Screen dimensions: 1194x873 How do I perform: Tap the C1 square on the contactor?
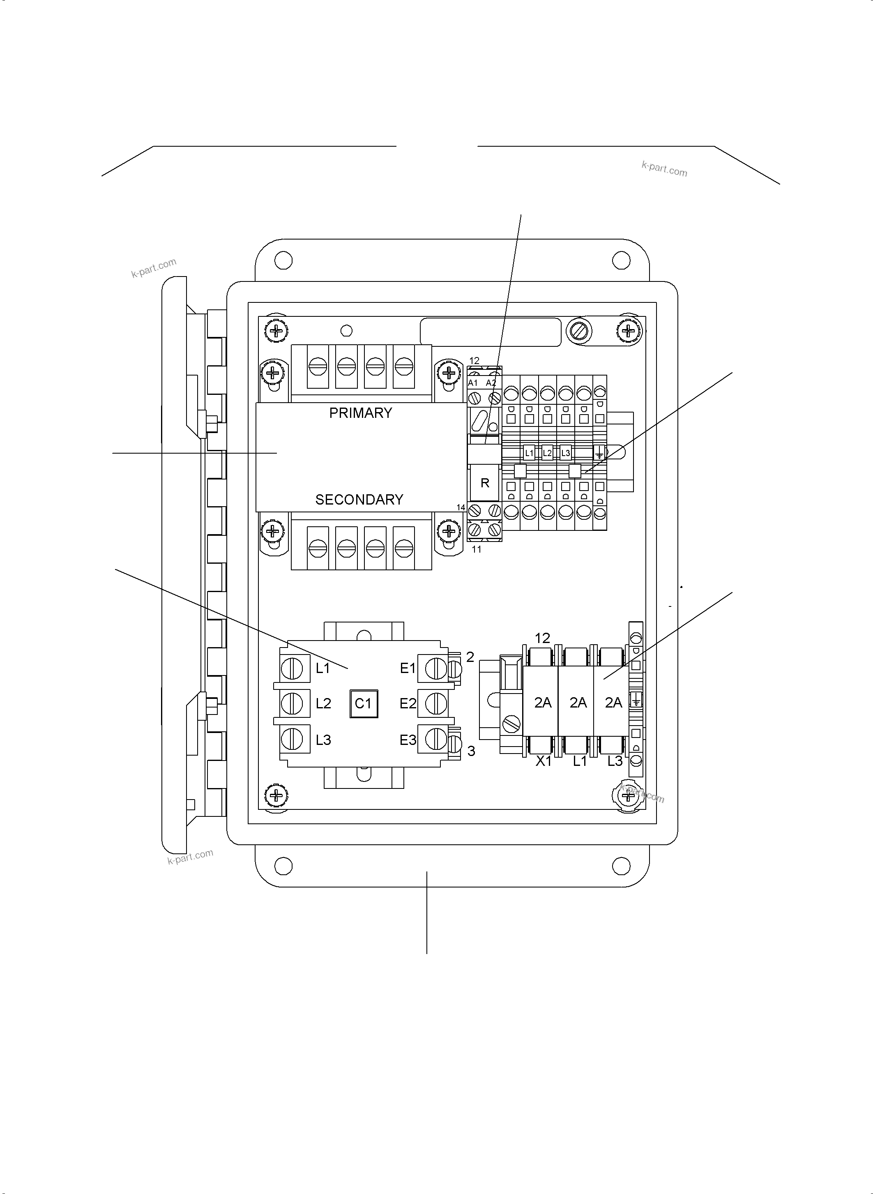[364, 703]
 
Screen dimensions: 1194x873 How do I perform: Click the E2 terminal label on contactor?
[408, 703]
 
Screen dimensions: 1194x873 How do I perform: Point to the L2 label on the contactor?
[323, 703]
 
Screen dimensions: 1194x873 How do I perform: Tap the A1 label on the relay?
[473, 383]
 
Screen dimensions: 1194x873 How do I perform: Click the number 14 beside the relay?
[461, 507]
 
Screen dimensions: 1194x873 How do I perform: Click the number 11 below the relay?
[477, 550]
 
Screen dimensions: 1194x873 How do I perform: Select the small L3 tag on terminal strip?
[565, 453]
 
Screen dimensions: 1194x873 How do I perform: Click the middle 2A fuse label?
[578, 703]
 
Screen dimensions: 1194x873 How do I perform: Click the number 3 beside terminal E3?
[471, 751]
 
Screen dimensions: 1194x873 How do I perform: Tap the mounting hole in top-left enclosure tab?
[283, 260]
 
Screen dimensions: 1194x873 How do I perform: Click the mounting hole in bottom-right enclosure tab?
[621, 866]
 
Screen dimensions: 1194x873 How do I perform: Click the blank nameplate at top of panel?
[491, 332]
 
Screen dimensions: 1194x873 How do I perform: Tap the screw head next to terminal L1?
[292, 668]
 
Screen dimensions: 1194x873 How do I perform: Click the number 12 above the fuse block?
[542, 638]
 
